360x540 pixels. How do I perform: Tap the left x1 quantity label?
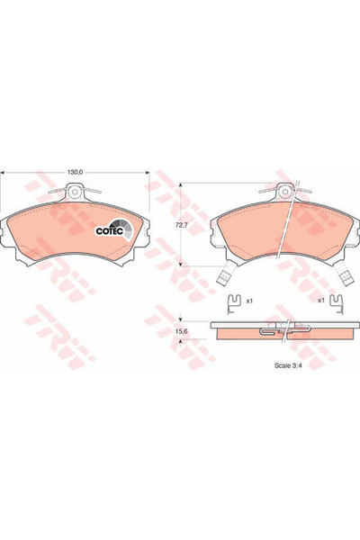[250, 300]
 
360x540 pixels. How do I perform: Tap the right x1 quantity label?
[321, 300]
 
